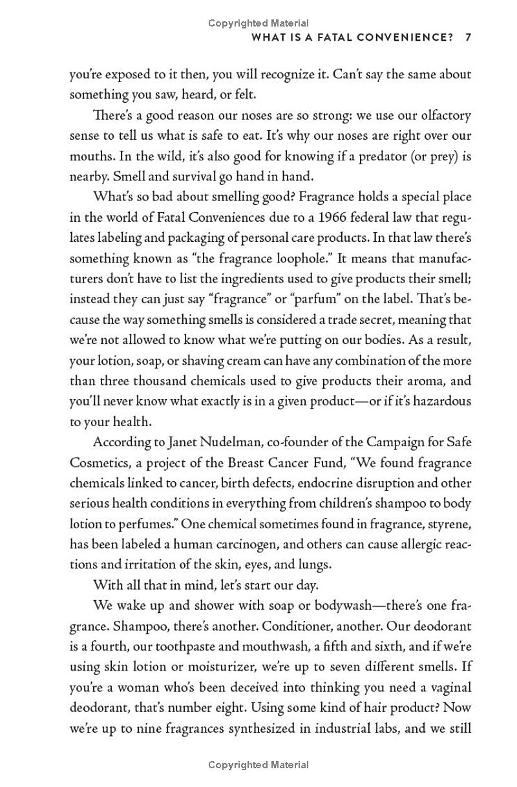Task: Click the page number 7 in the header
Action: [x=468, y=38]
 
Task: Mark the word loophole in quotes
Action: [x=287, y=258]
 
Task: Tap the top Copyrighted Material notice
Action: [x=258, y=23]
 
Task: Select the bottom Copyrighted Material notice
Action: [x=258, y=765]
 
